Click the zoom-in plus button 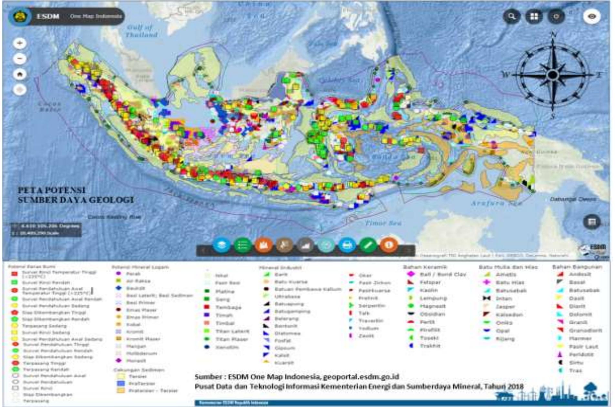tap(20, 43)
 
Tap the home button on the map tap(20, 74)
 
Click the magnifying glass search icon tap(512, 16)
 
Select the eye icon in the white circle tap(591, 16)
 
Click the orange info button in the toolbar tap(388, 245)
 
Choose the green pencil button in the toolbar tap(368, 245)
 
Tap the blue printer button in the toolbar tap(347, 245)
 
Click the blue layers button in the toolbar tap(221, 245)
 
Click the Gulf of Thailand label tap(141, 31)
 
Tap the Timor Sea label tap(383, 223)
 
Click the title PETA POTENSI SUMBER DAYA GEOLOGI tap(75, 195)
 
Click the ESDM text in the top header tap(48, 16)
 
